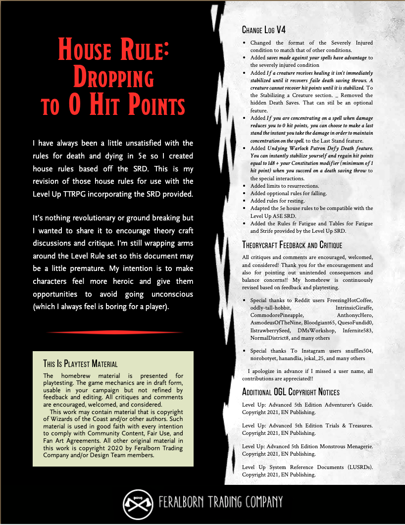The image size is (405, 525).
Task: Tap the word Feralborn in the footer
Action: (183, 502)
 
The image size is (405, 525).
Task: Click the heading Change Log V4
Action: (264, 30)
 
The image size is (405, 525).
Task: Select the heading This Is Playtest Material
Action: (80, 364)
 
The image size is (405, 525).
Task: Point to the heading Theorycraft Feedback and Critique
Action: (292, 245)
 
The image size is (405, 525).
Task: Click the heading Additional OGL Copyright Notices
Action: (291, 392)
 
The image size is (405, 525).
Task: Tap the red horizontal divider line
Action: (112, 332)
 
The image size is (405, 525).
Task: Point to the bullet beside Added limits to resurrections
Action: (245, 185)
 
